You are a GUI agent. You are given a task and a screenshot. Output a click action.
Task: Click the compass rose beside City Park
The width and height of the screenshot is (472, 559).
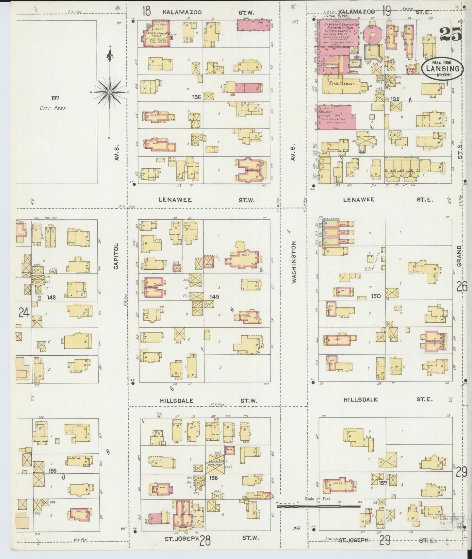[109, 93]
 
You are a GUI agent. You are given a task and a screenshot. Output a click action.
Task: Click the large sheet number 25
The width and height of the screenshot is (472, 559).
[450, 34]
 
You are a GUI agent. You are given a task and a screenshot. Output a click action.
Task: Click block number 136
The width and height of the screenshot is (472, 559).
[197, 97]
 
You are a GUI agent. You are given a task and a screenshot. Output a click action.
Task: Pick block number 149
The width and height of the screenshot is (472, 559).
[214, 297]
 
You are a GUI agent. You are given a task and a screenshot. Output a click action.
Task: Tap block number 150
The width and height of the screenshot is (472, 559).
[376, 296]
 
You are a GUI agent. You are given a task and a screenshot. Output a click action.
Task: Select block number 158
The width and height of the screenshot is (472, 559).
[213, 478]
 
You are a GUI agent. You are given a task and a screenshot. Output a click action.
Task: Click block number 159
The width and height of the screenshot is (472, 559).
[52, 471]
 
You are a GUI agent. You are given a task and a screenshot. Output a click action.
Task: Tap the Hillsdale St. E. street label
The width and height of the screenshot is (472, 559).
[388, 399]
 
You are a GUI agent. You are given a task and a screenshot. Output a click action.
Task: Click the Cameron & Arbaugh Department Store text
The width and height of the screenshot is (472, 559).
[337, 28]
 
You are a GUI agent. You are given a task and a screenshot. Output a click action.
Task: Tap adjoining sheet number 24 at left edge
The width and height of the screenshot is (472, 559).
[24, 313]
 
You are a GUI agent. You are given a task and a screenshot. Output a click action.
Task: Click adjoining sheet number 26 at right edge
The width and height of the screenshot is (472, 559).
[462, 287]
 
